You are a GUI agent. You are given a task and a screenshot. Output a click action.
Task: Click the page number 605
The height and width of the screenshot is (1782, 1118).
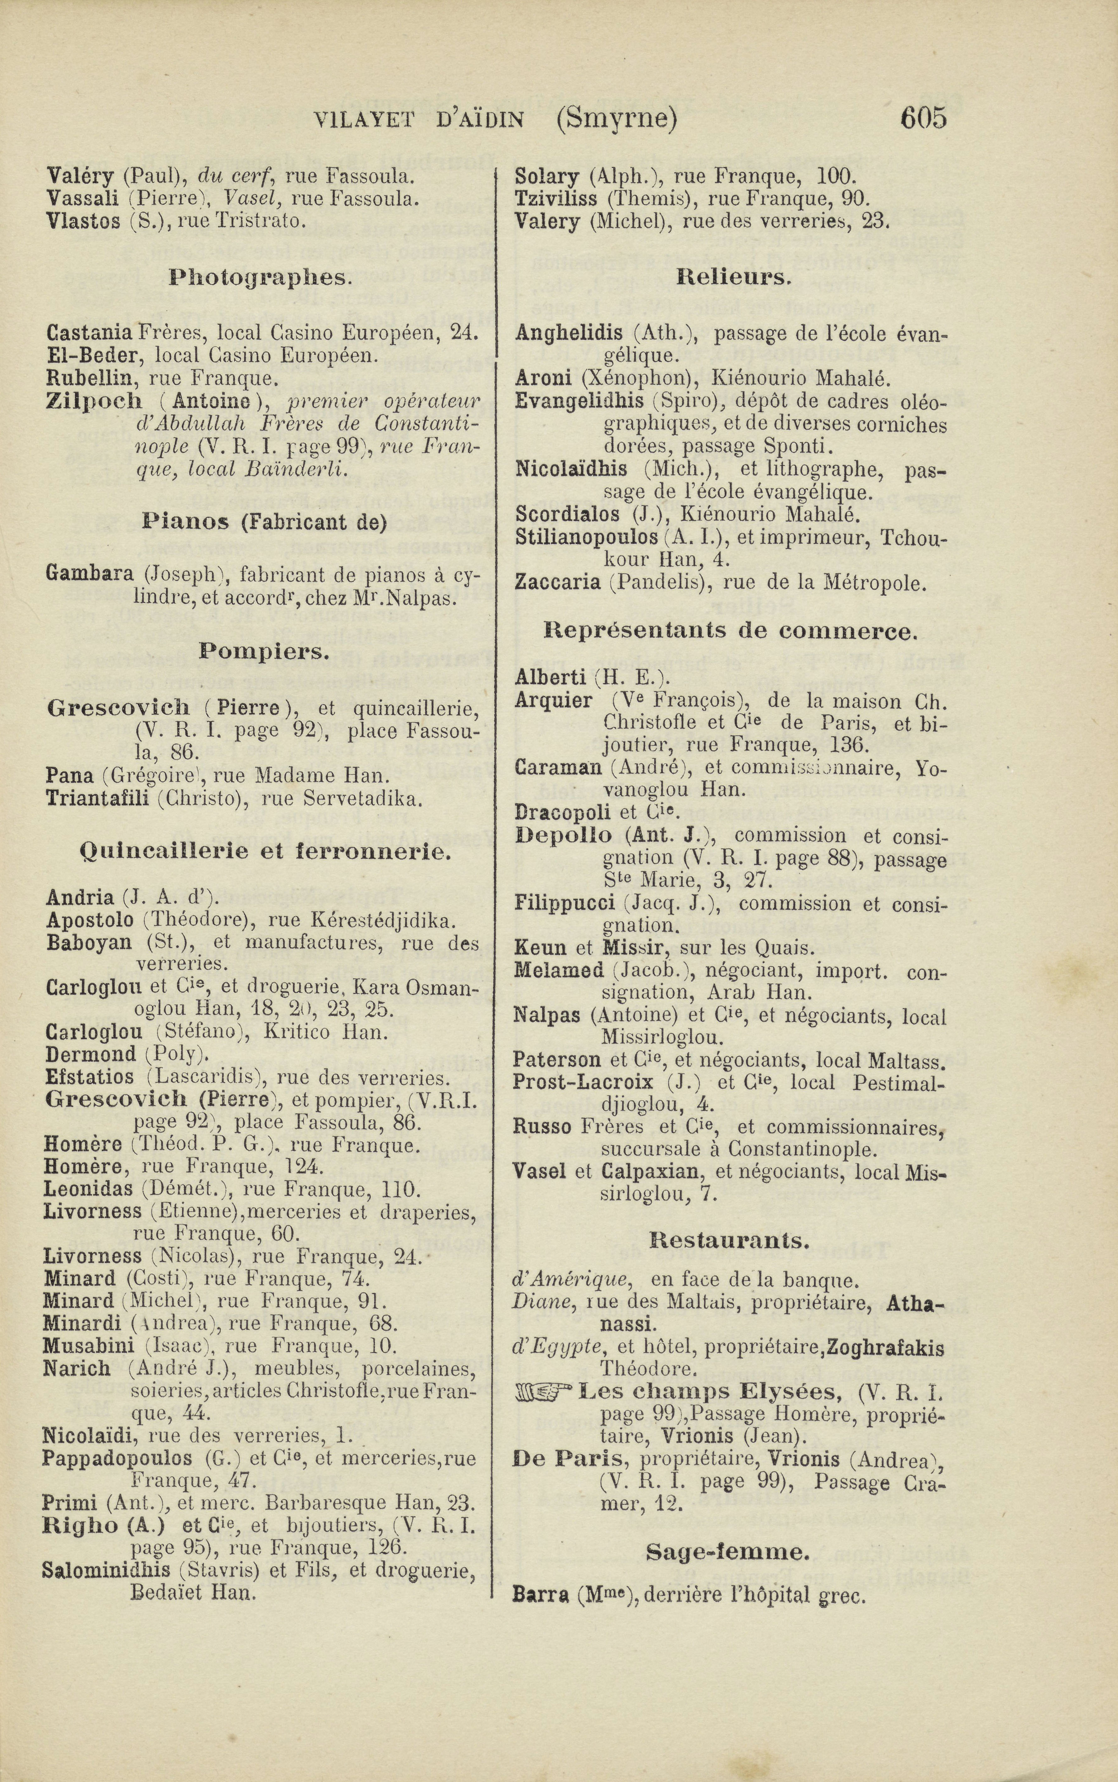923,118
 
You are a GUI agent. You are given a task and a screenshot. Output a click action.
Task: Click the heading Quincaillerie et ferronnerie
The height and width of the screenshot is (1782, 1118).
264,852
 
